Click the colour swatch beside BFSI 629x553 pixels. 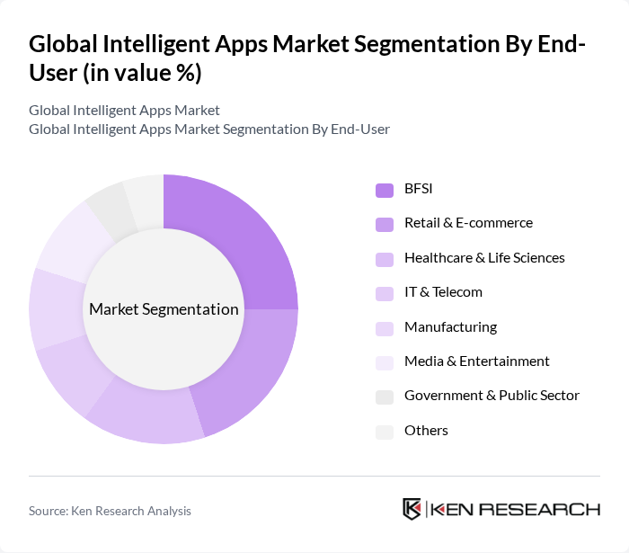click(384, 189)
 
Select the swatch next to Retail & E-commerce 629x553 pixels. click(384, 224)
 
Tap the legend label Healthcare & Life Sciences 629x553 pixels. click(484, 258)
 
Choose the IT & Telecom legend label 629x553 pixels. click(443, 292)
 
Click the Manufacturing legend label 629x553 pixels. click(450, 327)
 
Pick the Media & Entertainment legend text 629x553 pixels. click(476, 361)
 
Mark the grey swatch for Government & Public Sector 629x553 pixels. click(384, 397)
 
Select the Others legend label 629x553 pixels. click(426, 431)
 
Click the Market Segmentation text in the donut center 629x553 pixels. click(164, 309)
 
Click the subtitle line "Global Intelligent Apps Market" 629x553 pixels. click(124, 111)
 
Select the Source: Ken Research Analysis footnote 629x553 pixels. click(110, 511)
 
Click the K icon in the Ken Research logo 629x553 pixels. click(412, 509)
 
